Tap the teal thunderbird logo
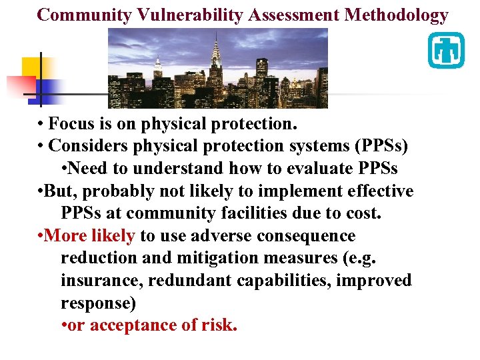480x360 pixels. coord(445,50)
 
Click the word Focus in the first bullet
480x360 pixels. coord(71,123)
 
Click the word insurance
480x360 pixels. coord(101,281)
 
